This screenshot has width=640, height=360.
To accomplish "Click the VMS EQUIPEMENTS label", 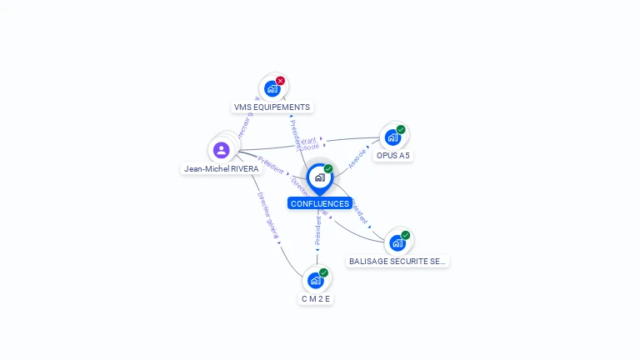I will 272,107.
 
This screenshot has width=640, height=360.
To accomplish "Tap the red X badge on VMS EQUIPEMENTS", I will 281,81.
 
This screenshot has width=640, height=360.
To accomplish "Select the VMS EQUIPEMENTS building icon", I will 272,88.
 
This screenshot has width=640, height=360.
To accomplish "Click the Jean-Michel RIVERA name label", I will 222,168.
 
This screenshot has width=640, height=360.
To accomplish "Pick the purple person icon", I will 221,150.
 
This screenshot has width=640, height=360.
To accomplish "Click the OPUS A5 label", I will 392,156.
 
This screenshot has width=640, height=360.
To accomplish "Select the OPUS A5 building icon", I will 392,137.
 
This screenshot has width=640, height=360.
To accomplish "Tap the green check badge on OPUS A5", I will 401,129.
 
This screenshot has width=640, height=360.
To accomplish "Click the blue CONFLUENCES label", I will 320,203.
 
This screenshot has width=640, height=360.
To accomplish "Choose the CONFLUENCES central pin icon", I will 319,177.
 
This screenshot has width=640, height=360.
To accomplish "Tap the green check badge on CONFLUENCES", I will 328,169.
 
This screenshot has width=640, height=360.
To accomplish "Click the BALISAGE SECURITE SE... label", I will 397,261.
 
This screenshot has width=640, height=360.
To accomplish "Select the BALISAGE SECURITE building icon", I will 397,243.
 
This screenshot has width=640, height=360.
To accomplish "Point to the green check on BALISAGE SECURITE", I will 406,235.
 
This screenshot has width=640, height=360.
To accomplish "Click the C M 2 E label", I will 316,298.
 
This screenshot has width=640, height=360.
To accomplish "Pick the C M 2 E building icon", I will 315,281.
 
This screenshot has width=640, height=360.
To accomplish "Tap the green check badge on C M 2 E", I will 324,272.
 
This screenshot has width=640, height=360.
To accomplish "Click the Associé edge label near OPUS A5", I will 358,158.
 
